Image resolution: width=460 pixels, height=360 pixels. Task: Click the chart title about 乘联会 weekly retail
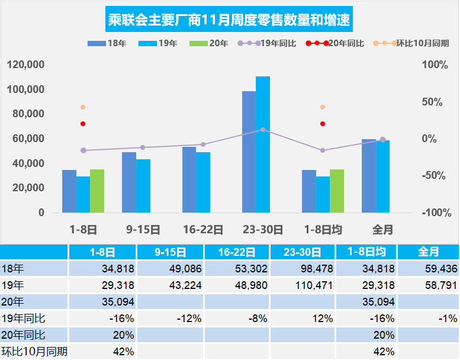229,21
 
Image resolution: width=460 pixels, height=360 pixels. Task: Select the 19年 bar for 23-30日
263,144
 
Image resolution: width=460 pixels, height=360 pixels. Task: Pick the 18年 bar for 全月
368,176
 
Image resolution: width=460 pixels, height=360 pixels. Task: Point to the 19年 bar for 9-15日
143,185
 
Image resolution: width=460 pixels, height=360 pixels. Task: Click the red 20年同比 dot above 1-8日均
323,124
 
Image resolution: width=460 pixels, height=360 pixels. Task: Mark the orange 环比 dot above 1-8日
83,107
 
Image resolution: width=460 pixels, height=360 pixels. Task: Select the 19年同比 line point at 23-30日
263,130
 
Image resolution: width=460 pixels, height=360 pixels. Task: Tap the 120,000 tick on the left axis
27,65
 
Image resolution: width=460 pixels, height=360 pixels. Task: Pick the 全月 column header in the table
427,252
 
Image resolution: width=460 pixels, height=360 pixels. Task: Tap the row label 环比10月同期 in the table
34,351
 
